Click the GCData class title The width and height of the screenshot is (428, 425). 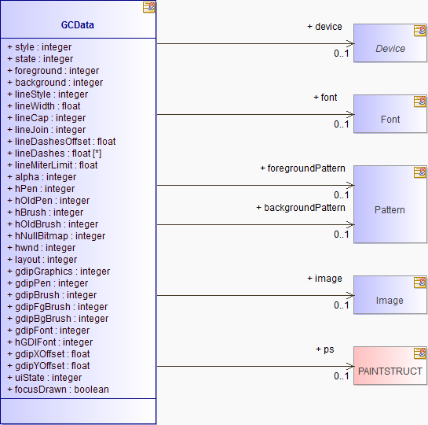tap(78, 25)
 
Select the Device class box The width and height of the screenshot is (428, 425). tap(390, 43)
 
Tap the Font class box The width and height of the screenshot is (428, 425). tap(390, 114)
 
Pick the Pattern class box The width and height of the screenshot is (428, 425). tap(390, 204)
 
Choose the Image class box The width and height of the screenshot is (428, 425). tap(390, 295)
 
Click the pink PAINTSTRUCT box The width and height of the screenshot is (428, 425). tap(390, 366)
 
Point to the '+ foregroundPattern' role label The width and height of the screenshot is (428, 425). tap(302, 168)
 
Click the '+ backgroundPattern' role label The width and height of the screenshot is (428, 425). tap(301, 208)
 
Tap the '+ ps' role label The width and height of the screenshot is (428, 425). tap(325, 349)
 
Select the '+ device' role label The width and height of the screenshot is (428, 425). tap(324, 27)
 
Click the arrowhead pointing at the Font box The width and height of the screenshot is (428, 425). tap(351, 114)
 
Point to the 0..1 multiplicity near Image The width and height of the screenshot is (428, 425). tap(341, 305)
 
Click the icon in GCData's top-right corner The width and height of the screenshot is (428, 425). tap(148, 7)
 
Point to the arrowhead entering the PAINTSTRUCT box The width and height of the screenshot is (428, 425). tap(351, 366)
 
